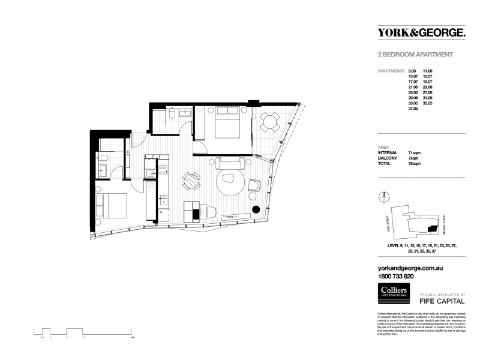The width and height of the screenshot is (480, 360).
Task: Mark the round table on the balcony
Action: (x=269, y=123)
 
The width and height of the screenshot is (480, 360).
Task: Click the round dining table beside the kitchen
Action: (x=191, y=180)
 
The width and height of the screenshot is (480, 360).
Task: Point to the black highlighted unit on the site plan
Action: (x=431, y=229)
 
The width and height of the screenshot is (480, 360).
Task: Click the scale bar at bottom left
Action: (x=84, y=331)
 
